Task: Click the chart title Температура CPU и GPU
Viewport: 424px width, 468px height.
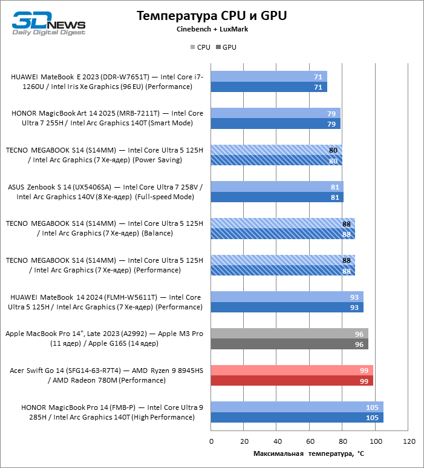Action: pos(212,16)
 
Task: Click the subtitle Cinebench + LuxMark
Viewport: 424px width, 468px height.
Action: pos(212,29)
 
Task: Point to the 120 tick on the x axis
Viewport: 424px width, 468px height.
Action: pos(409,441)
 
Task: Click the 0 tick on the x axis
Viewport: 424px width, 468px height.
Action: pos(211,441)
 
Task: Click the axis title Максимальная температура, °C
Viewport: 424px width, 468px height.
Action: pos(309,453)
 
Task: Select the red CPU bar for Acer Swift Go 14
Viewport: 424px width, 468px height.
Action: pos(292,370)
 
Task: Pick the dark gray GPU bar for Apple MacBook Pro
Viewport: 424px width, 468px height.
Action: pos(289,344)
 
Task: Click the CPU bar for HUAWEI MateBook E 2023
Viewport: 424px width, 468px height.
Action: pos(269,76)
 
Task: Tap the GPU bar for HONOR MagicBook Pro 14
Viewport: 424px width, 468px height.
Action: pos(296,417)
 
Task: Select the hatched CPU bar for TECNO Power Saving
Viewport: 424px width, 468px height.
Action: pos(276,150)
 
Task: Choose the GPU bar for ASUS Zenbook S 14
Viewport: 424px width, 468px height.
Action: pos(277,197)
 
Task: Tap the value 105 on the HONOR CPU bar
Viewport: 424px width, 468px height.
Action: pos(373,407)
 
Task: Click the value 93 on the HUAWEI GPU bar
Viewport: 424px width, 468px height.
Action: pos(354,307)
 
